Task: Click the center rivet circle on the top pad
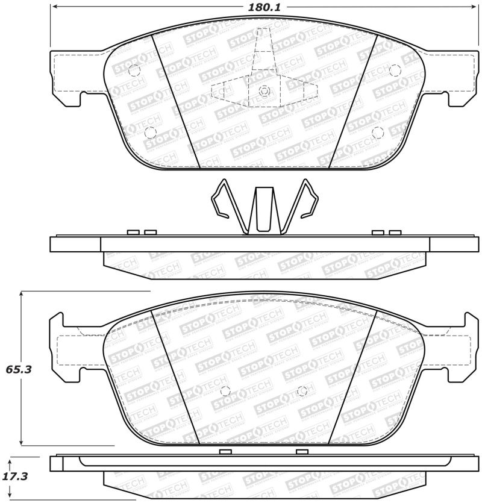tap(263, 91)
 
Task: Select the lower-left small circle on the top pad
tap(151, 132)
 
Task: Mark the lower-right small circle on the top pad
tap(377, 132)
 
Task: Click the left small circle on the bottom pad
tap(225, 389)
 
